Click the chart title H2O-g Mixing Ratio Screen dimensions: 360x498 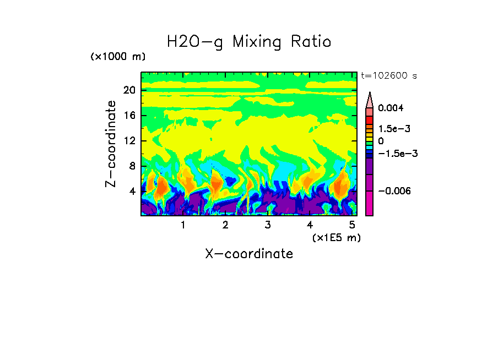[249, 42]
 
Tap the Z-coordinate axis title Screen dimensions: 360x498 [111, 144]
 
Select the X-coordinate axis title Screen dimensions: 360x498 [249, 254]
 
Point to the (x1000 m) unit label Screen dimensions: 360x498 [118, 57]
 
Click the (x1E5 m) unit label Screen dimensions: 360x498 [336, 237]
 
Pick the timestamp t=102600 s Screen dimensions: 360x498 [389, 75]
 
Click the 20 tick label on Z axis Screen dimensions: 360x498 [129, 90]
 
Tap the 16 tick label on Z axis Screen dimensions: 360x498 [129, 116]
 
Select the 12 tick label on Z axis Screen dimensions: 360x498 [129, 141]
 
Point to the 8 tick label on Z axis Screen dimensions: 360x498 [132, 166]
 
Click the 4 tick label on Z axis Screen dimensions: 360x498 [132, 192]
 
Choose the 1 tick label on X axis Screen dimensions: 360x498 [183, 225]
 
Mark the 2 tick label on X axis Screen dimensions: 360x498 [225, 225]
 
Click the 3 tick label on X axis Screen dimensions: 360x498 [267, 225]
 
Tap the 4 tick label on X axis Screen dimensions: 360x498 [310, 225]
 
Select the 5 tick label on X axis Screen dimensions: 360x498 [351, 225]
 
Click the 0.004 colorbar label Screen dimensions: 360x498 [391, 108]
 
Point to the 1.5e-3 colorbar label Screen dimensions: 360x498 [394, 128]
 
